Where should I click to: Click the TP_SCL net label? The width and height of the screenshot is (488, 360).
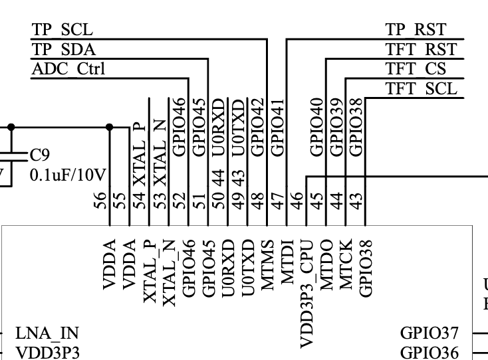62,29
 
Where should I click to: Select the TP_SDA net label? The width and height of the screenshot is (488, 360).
64,49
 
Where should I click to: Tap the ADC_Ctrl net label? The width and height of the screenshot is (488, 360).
68,69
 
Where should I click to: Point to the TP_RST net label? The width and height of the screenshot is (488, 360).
416,29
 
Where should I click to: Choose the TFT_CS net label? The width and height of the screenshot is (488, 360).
416,68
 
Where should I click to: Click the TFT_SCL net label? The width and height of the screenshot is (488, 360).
422,88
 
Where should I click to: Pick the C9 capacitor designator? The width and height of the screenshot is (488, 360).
39,155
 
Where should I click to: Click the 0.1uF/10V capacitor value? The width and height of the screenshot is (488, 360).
68,175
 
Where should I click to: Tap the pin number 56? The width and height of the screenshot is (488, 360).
100,200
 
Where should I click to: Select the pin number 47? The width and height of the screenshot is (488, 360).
278,200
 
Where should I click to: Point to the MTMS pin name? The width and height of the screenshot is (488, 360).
267,265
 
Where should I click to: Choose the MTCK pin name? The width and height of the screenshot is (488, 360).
346,264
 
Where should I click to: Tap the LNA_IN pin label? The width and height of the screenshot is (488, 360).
47,333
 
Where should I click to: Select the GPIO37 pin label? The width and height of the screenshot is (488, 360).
429,333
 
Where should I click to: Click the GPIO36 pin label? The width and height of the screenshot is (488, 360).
429,353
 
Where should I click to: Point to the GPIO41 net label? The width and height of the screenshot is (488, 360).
278,128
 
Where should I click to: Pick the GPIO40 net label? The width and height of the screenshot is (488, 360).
317,127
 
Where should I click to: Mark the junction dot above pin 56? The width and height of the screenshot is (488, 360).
109,127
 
